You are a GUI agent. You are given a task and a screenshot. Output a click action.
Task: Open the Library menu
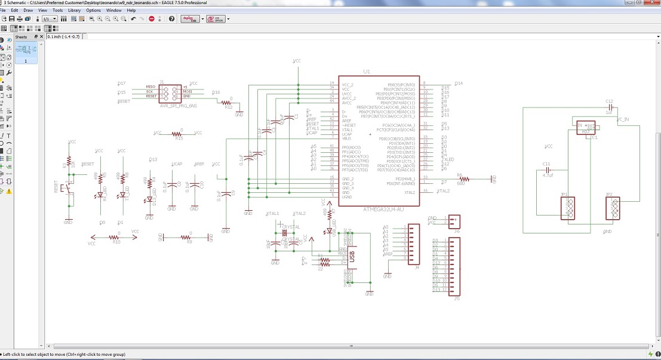74,10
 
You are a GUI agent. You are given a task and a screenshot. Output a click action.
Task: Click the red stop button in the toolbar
152,19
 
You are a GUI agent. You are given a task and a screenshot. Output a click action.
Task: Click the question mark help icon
172,19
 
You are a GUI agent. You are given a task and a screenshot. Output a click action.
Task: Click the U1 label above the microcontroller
366,71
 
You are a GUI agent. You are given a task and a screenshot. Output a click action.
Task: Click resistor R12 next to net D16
228,102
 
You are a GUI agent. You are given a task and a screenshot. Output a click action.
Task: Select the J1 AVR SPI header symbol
170,92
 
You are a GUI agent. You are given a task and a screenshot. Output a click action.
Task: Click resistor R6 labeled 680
463,179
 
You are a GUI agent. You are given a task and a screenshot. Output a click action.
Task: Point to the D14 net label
459,84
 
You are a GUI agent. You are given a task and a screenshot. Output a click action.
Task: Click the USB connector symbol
351,257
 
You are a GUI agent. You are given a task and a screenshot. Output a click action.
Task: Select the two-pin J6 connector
455,220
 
